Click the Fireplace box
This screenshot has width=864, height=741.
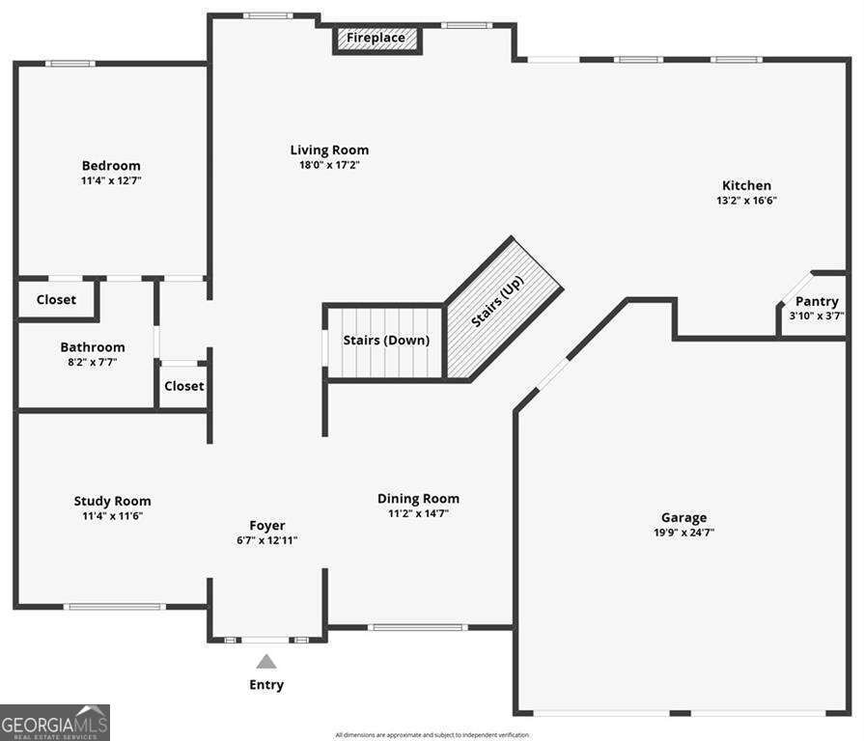click(377, 40)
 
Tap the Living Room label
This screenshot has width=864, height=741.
click(329, 151)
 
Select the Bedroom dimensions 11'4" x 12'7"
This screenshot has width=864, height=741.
click(111, 180)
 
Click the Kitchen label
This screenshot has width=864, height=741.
click(746, 185)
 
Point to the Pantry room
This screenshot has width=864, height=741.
click(814, 305)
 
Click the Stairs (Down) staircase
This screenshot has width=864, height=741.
click(385, 342)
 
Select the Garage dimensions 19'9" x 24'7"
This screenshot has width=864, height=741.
click(683, 533)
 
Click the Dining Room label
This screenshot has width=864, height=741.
click(418, 499)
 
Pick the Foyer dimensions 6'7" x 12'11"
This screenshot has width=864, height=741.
click(267, 540)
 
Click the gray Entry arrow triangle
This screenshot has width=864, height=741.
click(266, 661)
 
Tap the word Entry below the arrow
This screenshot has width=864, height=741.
click(266, 685)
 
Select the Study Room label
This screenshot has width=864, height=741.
click(112, 501)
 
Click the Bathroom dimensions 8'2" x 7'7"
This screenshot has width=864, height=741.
click(93, 362)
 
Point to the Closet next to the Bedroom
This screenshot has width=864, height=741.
click(57, 300)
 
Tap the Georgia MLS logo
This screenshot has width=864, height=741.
click(55, 723)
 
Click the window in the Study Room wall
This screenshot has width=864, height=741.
click(114, 607)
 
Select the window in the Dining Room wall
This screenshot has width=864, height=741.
click(417, 627)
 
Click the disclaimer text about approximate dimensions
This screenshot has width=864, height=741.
click(432, 735)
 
